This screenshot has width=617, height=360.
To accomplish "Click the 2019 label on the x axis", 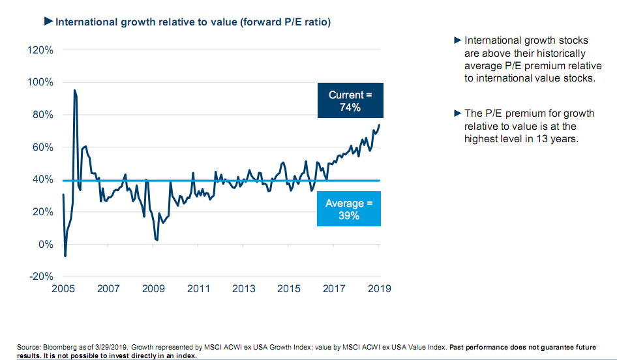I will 379,288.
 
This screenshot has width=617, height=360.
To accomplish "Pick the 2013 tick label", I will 243,288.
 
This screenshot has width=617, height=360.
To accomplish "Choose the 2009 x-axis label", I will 153,288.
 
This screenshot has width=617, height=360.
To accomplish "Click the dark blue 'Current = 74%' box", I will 350,101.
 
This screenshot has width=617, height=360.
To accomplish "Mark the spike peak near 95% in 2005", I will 74,91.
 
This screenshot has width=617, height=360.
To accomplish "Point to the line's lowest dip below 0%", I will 65,256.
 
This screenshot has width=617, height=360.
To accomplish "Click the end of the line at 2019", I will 380,125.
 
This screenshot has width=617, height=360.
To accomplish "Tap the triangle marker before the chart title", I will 48,22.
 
